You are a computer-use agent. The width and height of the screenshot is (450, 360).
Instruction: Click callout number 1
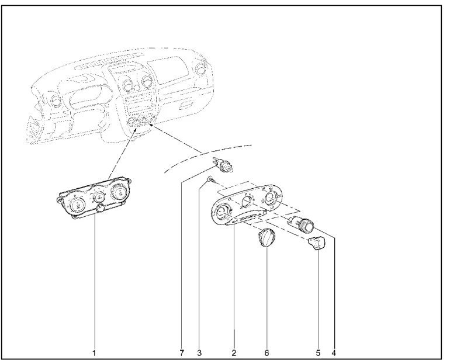[94, 352]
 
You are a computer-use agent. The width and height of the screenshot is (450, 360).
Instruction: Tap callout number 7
[182, 352]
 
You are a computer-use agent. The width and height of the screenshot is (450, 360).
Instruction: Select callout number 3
[199, 352]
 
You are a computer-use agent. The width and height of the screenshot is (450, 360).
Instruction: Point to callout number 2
[234, 352]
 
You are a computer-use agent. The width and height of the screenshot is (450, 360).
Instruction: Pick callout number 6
[266, 352]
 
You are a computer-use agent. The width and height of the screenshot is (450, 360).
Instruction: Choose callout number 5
[318, 352]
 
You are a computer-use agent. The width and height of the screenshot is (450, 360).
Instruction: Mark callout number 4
[333, 352]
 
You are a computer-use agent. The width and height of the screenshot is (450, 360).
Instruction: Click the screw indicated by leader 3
[212, 180]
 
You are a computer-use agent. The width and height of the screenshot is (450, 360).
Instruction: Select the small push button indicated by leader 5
[317, 243]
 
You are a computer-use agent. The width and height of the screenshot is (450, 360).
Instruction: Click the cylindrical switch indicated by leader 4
[302, 224]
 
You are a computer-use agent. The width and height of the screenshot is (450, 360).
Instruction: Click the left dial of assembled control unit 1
[77, 206]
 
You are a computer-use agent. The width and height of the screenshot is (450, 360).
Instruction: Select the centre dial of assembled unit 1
[99, 196]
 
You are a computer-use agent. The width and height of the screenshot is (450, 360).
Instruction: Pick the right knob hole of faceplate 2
[271, 198]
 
